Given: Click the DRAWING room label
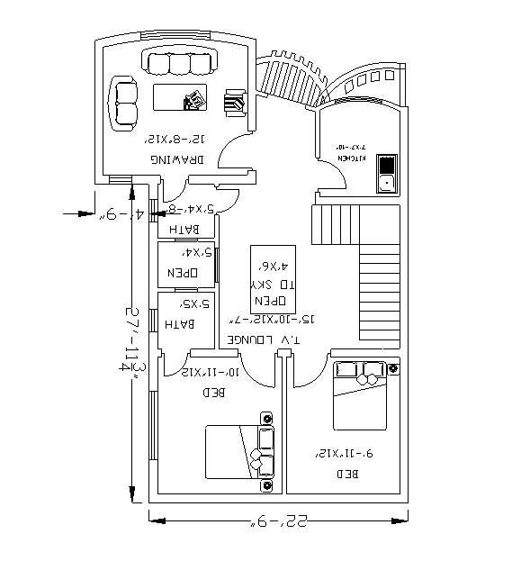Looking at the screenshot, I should [x=176, y=158].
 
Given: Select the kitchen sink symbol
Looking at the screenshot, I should [x=386, y=173].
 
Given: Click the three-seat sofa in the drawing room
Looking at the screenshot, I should [x=179, y=63].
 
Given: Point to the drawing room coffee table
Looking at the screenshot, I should [x=181, y=97].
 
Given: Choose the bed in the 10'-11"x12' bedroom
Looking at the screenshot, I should [x=239, y=452].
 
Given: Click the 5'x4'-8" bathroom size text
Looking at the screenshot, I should [x=191, y=209].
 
